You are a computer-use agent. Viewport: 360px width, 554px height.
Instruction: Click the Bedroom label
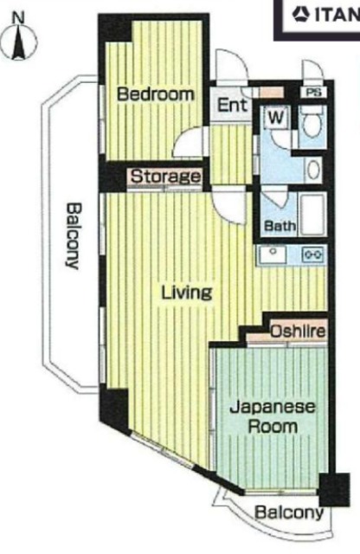156,94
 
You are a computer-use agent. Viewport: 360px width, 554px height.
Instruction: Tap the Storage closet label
165,177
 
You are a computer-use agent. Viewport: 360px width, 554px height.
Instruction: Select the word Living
187,293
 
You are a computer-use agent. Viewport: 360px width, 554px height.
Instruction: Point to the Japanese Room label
273,417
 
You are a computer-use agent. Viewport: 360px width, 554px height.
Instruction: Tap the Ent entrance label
232,105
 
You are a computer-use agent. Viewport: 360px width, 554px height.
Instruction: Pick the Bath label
280,225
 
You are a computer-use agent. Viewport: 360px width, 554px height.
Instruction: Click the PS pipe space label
314,93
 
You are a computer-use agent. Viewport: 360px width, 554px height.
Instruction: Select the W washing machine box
277,118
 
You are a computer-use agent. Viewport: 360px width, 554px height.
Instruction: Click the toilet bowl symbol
312,124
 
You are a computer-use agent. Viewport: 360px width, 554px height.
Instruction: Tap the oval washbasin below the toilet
313,170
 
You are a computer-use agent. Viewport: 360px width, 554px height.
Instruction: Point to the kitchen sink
273,254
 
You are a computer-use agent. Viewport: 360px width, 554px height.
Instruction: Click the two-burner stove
313,254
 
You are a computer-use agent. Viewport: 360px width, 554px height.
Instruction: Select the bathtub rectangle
312,215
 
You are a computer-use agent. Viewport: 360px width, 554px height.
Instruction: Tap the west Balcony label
72,235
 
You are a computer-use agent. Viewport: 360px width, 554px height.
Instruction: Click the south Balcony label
289,512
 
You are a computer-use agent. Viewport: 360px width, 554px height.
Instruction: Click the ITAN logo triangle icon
300,15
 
